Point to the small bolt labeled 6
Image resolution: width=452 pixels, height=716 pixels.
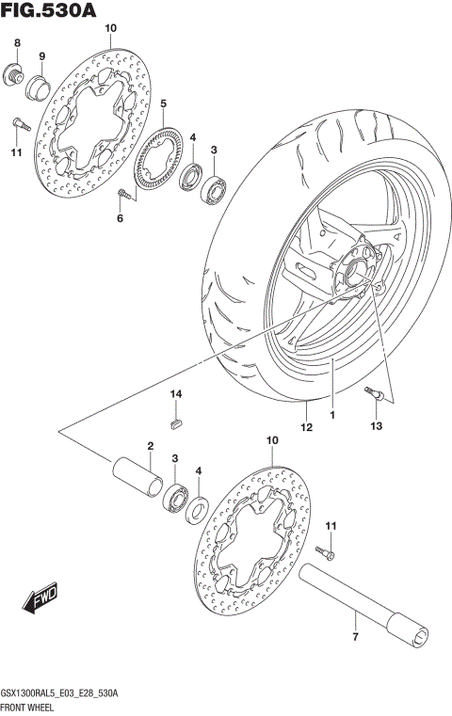[x=123, y=193]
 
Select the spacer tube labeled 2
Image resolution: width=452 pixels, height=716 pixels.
[x=136, y=471]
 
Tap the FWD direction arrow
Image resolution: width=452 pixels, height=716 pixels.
[x=43, y=598]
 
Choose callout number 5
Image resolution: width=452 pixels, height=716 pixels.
[x=162, y=103]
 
